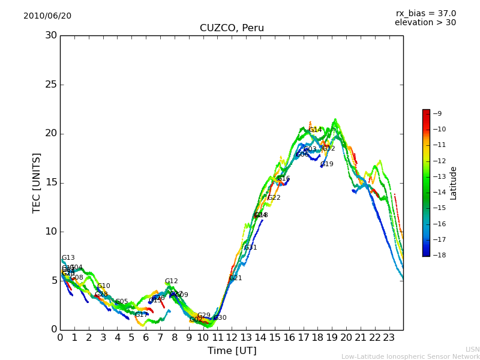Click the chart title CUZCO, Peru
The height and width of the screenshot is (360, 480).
pyautogui.click(x=232, y=28)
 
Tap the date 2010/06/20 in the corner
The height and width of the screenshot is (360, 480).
pyautogui.click(x=47, y=16)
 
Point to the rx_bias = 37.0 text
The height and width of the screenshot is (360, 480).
pyautogui.click(x=425, y=13)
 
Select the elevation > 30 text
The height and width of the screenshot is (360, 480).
pyautogui.click(x=425, y=23)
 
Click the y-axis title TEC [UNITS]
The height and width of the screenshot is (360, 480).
pyautogui.click(x=37, y=182)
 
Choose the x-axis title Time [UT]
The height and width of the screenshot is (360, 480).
pyautogui.click(x=232, y=351)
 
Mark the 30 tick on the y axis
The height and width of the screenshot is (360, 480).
pyautogui.click(x=51, y=35)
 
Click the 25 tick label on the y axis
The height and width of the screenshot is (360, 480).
pyautogui.click(x=51, y=85)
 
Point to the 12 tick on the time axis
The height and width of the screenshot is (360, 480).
pyautogui.click(x=232, y=337)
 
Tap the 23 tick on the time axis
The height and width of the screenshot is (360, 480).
pyautogui.click(x=389, y=337)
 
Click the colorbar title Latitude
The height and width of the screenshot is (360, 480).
pyautogui.click(x=454, y=182)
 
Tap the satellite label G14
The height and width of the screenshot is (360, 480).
pyautogui.click(x=316, y=130)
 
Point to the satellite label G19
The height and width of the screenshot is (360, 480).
pyautogui.click(x=326, y=164)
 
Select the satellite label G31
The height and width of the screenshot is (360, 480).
pyautogui.click(x=250, y=248)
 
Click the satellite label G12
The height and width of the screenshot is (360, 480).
pyautogui.click(x=172, y=281)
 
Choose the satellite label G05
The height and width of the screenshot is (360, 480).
pyautogui.click(x=121, y=302)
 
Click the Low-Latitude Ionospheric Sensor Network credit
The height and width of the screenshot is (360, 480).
pyautogui.click(x=410, y=357)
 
